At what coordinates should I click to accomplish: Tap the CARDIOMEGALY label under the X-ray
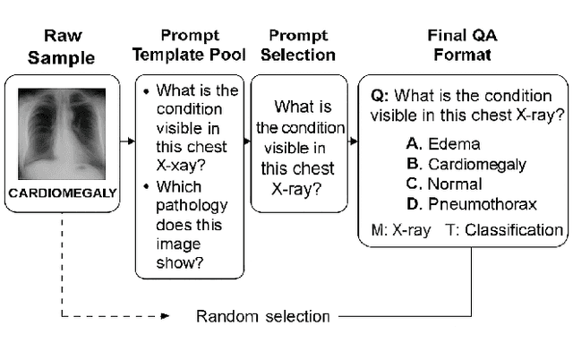[62, 191]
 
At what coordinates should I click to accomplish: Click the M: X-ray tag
[399, 230]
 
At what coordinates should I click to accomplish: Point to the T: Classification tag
[503, 230]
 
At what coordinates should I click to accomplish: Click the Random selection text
[263, 316]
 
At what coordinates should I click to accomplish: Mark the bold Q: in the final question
[379, 95]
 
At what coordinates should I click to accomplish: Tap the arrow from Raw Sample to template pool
[127, 141]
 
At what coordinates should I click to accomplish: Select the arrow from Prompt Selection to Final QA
[352, 141]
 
